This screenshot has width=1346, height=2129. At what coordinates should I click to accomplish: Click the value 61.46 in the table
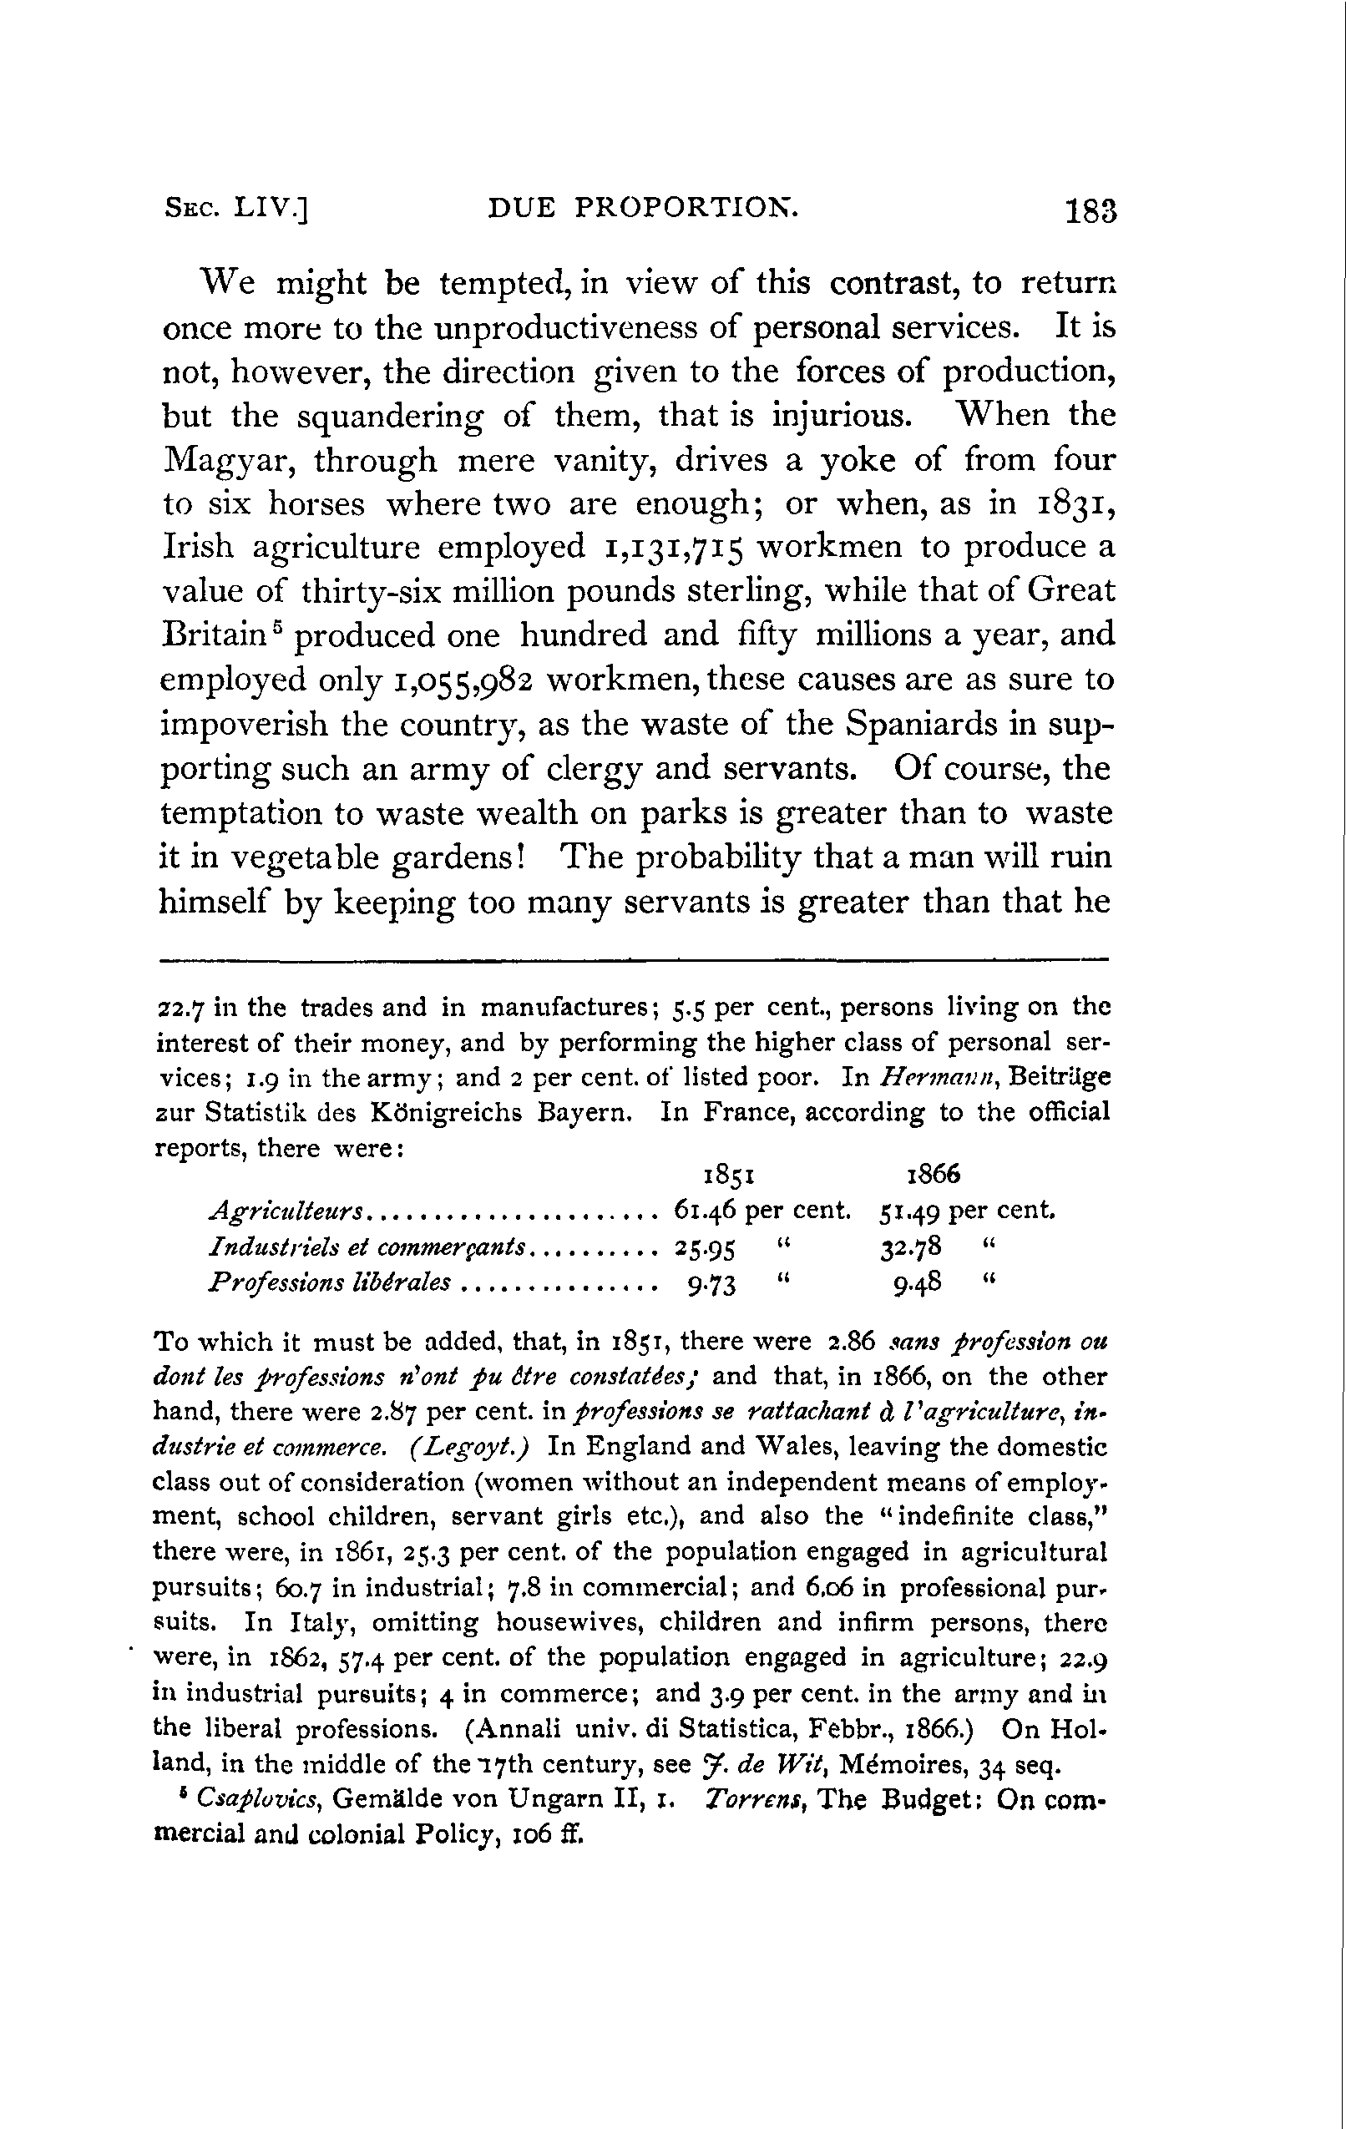click(705, 1210)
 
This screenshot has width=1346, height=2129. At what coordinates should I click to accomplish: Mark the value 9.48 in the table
click(916, 1283)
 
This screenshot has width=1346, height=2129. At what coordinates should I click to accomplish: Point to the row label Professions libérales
click(328, 1282)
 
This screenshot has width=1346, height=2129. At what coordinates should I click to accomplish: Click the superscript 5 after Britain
click(277, 626)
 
